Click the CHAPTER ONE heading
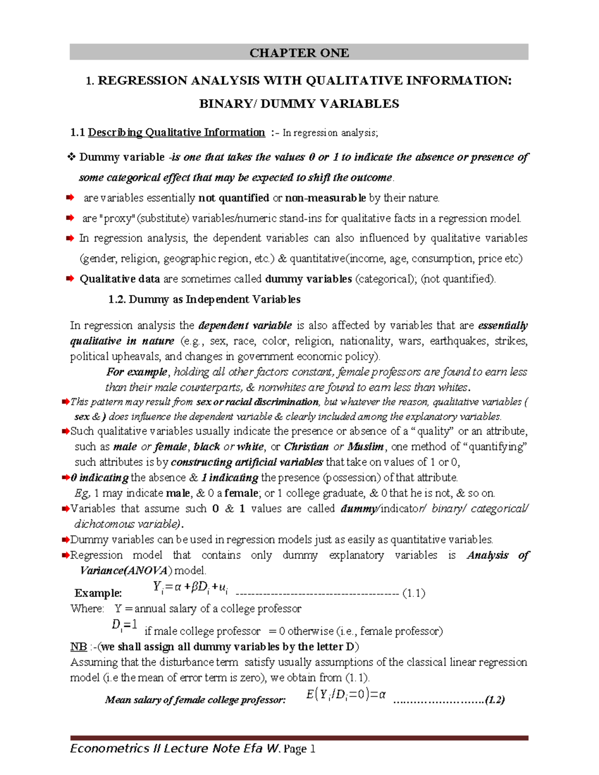coord(299,53)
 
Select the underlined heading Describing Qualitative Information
coord(176,132)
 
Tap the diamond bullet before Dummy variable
coord(71,157)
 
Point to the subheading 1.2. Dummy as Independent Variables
coord(204,299)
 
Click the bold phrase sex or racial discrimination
coord(257,402)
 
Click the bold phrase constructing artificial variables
coord(247,462)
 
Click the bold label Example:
coord(98,593)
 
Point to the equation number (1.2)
coord(495,700)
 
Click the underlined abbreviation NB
coord(78,647)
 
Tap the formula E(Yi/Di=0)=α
coord(345,695)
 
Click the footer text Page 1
coord(299,749)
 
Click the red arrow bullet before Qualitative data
coord(70,278)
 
